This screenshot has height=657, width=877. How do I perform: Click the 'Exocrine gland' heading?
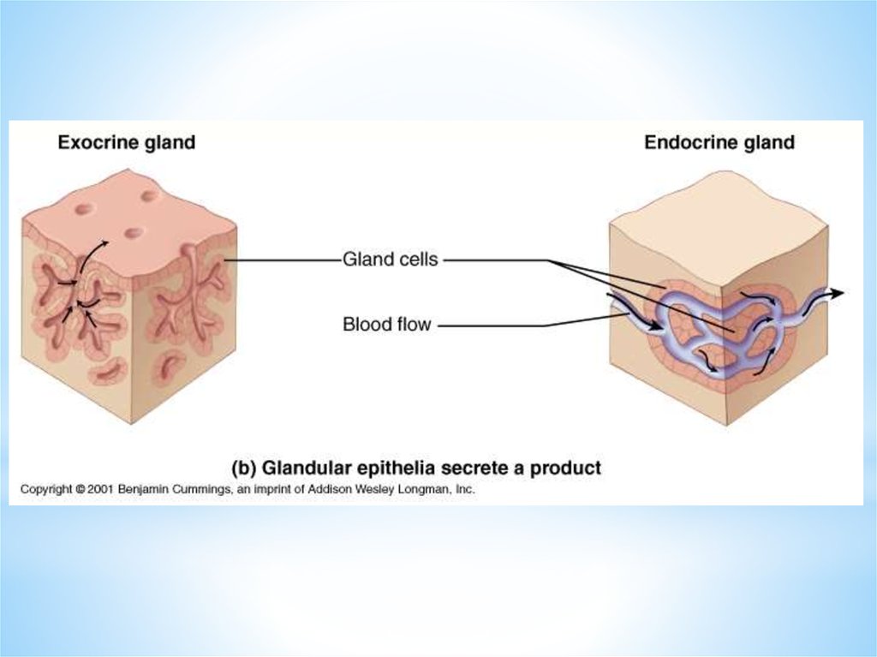[x=126, y=142]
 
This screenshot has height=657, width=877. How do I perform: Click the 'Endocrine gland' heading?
[x=719, y=142]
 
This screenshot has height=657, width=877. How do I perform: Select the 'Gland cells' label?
[x=390, y=259]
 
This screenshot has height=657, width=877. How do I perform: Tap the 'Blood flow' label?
[x=386, y=325]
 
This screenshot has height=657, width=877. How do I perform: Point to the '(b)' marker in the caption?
[x=245, y=469]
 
